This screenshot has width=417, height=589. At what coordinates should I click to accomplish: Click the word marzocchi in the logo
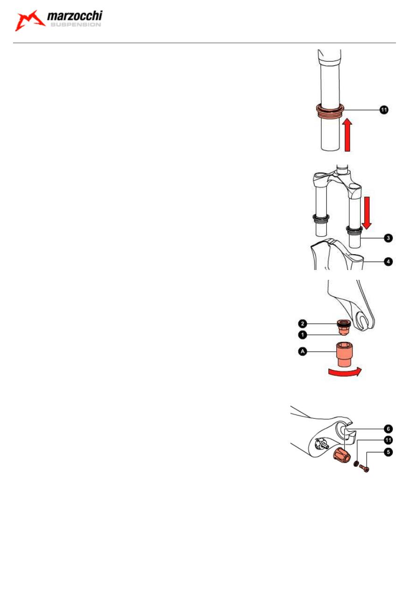tap(75, 16)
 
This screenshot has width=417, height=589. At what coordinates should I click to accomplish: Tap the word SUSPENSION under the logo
tap(76, 25)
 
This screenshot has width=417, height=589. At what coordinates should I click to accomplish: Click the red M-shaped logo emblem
tap(30, 21)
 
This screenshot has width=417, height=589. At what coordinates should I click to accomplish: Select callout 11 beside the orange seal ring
tap(384, 110)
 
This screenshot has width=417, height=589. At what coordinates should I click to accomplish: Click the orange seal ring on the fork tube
tap(330, 111)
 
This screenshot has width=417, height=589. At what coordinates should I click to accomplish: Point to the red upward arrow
tap(347, 135)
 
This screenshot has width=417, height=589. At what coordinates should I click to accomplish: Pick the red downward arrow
tap(367, 213)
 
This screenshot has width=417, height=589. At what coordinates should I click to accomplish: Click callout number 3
tap(388, 238)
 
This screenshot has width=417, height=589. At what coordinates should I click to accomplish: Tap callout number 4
tap(388, 262)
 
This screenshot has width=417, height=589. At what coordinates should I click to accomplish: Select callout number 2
tap(303, 324)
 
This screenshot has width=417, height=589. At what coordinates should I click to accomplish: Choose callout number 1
tap(303, 335)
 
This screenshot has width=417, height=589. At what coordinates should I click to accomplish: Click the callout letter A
tap(303, 351)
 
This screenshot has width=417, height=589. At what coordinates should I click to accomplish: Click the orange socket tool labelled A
tap(345, 354)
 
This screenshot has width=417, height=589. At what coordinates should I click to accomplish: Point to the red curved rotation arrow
tap(345, 372)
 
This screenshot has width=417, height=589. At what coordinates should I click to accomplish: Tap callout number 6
tap(388, 429)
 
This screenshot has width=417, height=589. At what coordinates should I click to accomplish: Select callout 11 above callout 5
tap(388, 440)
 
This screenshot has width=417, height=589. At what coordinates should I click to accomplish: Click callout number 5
tap(388, 452)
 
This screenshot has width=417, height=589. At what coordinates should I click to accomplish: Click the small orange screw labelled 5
tap(364, 469)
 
